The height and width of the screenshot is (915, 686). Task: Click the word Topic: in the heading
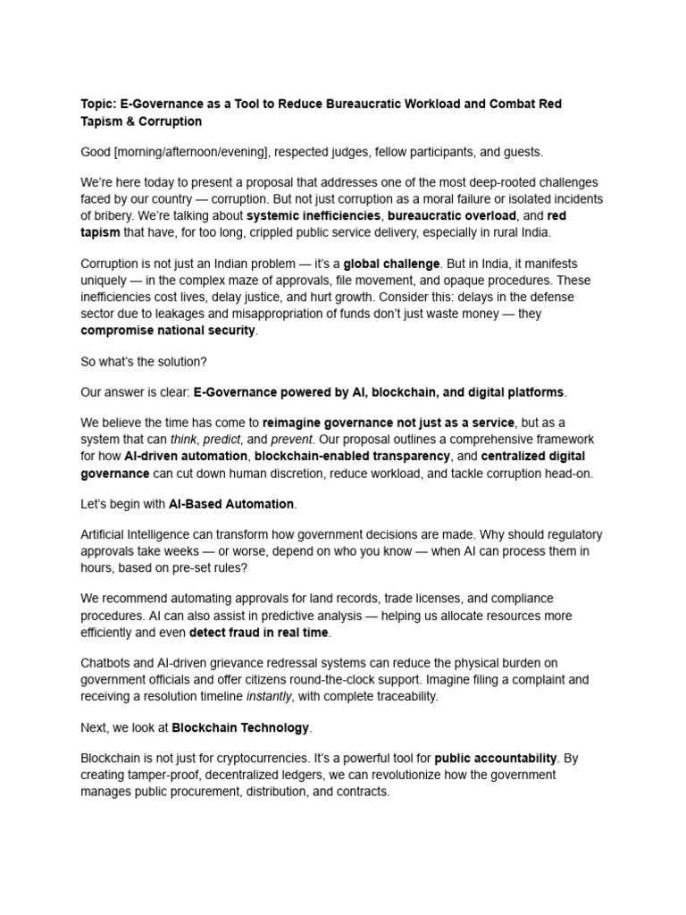(x=99, y=104)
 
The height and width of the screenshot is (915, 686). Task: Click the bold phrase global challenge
(x=391, y=264)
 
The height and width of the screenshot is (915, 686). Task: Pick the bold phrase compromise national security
(x=168, y=330)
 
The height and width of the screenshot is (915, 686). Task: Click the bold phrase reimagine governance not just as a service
(x=389, y=422)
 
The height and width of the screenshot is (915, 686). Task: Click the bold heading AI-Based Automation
(x=231, y=504)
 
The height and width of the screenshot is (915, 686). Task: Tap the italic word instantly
(x=270, y=696)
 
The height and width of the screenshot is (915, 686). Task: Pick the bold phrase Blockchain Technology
(x=240, y=727)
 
